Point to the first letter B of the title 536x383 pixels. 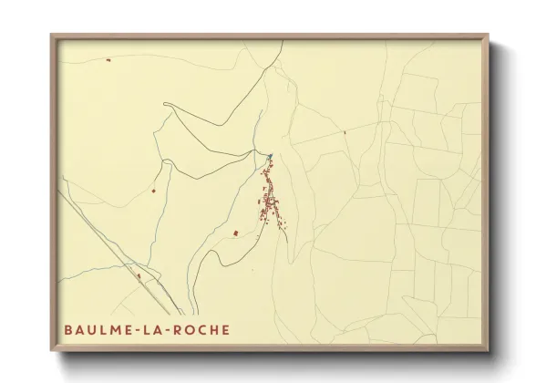(x=67, y=330)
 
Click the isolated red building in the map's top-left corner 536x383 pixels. (x=108, y=61)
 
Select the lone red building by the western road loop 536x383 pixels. (x=154, y=191)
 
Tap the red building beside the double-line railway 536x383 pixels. (x=138, y=274)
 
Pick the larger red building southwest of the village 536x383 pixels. (x=236, y=233)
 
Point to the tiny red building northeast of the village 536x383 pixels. (x=345, y=133)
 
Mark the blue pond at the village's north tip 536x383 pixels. (x=269, y=157)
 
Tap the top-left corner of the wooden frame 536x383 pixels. (x=52, y=36)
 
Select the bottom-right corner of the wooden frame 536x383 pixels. (x=488, y=351)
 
